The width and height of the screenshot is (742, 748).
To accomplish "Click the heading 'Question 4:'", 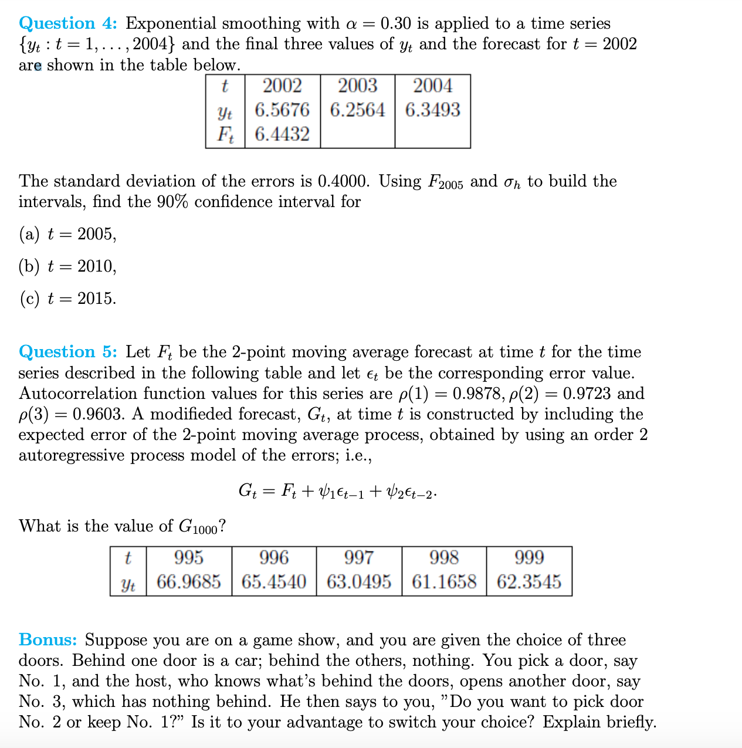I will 68,23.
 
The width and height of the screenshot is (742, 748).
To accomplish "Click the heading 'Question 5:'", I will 68,352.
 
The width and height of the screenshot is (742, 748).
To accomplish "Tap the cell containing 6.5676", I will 282,110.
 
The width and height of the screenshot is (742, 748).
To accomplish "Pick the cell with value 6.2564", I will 357,110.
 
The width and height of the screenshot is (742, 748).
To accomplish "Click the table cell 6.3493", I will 432,110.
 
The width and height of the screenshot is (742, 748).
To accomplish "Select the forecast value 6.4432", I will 282,134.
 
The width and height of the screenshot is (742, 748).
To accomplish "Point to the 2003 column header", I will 357,86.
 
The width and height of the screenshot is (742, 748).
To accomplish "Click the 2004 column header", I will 432,86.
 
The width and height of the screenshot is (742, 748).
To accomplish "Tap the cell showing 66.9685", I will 189,582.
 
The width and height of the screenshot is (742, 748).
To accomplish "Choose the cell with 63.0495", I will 358,582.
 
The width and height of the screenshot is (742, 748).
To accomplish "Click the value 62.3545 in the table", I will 528,582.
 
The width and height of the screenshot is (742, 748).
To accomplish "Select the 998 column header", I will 444,557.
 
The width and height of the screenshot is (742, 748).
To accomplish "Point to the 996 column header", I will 274,557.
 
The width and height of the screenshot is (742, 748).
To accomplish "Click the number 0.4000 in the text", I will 343,181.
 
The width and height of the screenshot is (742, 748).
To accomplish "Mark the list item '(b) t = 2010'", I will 67,266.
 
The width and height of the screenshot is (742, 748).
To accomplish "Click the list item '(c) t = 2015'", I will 67,299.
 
